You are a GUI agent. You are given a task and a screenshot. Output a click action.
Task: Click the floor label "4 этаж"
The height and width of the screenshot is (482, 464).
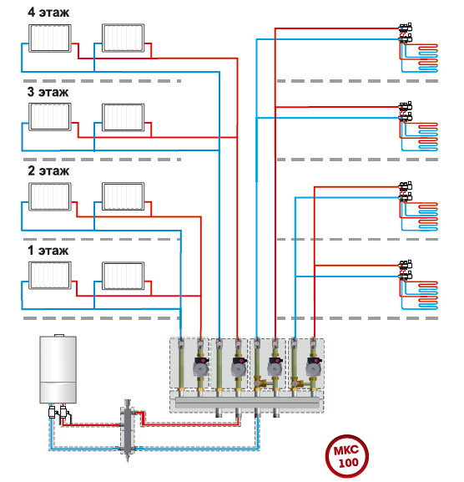click(48, 13)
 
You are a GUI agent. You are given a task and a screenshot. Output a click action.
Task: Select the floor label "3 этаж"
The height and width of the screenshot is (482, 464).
click(48, 92)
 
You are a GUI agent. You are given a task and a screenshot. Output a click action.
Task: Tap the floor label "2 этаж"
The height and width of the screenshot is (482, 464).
click(48, 171)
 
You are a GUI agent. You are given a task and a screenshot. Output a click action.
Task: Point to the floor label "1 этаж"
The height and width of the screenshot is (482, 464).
click(48, 251)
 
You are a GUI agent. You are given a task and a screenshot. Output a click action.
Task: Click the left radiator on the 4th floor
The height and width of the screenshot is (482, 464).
click(50, 38)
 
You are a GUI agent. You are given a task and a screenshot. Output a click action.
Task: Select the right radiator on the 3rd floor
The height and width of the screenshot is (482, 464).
click(124, 118)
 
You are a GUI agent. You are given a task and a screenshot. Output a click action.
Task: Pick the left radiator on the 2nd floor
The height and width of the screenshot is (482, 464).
click(50, 197)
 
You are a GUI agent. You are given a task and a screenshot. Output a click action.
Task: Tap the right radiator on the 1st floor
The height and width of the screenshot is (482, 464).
click(124, 276)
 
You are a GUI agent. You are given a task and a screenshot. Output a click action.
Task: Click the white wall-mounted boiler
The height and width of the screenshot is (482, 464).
click(58, 369)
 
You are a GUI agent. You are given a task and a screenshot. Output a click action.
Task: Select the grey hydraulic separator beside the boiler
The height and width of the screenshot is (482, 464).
click(128, 429)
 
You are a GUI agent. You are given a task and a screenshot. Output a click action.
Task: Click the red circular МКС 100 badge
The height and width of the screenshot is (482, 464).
click(346, 456)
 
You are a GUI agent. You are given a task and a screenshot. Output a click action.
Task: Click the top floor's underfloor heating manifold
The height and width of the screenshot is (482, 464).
click(406, 33)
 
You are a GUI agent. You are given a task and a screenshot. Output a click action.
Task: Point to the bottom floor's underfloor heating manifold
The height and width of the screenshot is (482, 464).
click(406, 270)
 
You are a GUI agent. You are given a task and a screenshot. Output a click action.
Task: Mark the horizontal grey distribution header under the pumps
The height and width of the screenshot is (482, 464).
click(248, 403)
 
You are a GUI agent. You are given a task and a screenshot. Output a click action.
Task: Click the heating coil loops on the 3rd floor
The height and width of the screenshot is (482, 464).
click(427, 136)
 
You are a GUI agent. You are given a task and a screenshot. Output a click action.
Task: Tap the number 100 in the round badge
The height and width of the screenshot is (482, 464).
click(349, 463)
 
